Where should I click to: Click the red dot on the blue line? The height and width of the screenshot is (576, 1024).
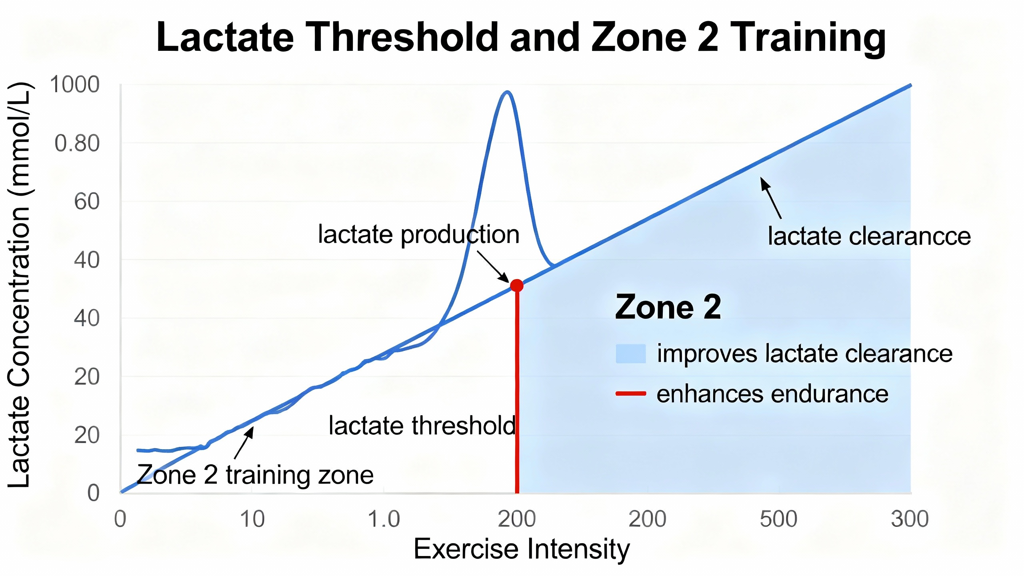(517, 286)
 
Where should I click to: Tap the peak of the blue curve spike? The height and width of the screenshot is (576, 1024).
(507, 92)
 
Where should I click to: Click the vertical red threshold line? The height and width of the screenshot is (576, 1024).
(517, 392)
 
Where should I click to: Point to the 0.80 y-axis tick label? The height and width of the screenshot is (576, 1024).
(77, 143)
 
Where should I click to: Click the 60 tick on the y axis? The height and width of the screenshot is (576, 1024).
(86, 201)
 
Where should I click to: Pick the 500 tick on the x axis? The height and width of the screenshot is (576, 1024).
(778, 519)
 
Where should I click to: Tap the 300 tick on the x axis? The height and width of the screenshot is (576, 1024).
(910, 519)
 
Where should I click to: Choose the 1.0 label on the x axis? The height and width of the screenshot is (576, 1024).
(384, 519)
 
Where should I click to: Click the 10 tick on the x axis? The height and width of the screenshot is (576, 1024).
(252, 519)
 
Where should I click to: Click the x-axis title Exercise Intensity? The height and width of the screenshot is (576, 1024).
(521, 549)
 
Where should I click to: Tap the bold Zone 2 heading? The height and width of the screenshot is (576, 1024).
(668, 307)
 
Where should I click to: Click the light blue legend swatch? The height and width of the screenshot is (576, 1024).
(631, 354)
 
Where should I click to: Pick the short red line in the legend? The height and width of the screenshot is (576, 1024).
(631, 394)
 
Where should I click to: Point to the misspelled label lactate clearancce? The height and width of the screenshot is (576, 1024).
(869, 236)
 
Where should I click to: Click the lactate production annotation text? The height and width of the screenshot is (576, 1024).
(418, 234)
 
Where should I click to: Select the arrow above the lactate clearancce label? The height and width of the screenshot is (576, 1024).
(770, 198)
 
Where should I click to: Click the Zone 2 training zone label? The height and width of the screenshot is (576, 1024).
(255, 475)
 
